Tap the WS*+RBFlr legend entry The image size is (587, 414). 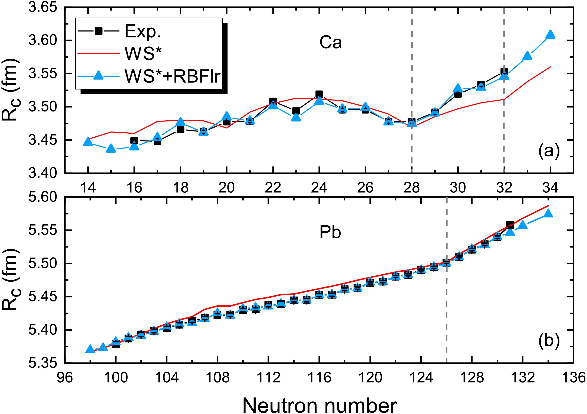(172, 76)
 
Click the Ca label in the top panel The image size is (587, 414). (330, 43)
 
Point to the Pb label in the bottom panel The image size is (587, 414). (330, 232)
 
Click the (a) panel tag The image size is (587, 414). (549, 152)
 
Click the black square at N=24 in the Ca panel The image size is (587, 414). (319, 94)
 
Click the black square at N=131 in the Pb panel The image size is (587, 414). (510, 225)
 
